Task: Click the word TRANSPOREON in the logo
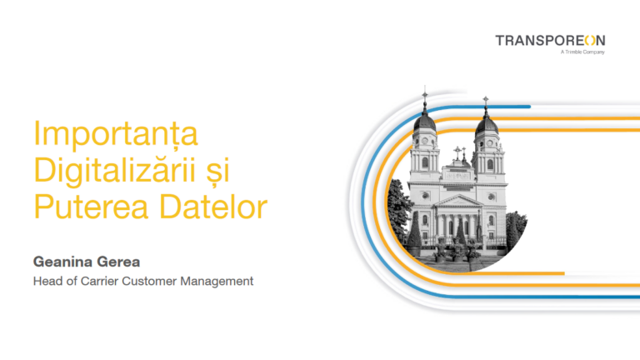point(550,40)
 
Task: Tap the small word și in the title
point(214,171)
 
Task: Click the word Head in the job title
point(47,281)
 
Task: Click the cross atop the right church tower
point(486,102)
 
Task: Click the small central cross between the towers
point(457,152)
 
